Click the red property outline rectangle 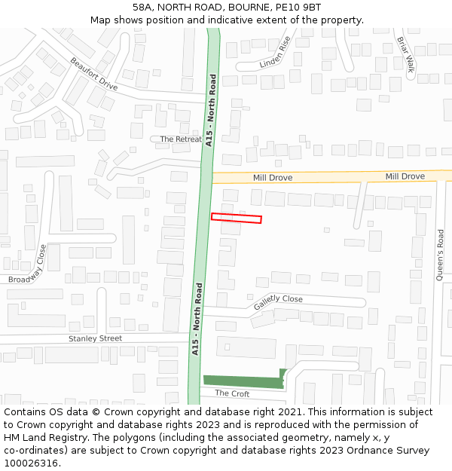pyautogui.click(x=236, y=219)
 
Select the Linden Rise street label pyautogui.click(x=276, y=53)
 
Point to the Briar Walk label pyautogui.click(x=405, y=53)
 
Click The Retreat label pyautogui.click(x=181, y=139)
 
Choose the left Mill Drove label pyautogui.click(x=273, y=178)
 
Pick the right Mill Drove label pyautogui.click(x=405, y=176)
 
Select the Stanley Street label pyautogui.click(x=95, y=338)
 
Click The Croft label pyautogui.click(x=232, y=393)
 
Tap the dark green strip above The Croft pyautogui.click(x=243, y=382)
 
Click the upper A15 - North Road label pyautogui.click(x=211, y=110)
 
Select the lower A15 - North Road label pyautogui.click(x=197, y=319)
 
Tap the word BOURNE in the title pyautogui.click(x=243, y=8)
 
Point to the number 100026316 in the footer pyautogui.click(x=31, y=463)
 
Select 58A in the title pyautogui.click(x=144, y=8)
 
